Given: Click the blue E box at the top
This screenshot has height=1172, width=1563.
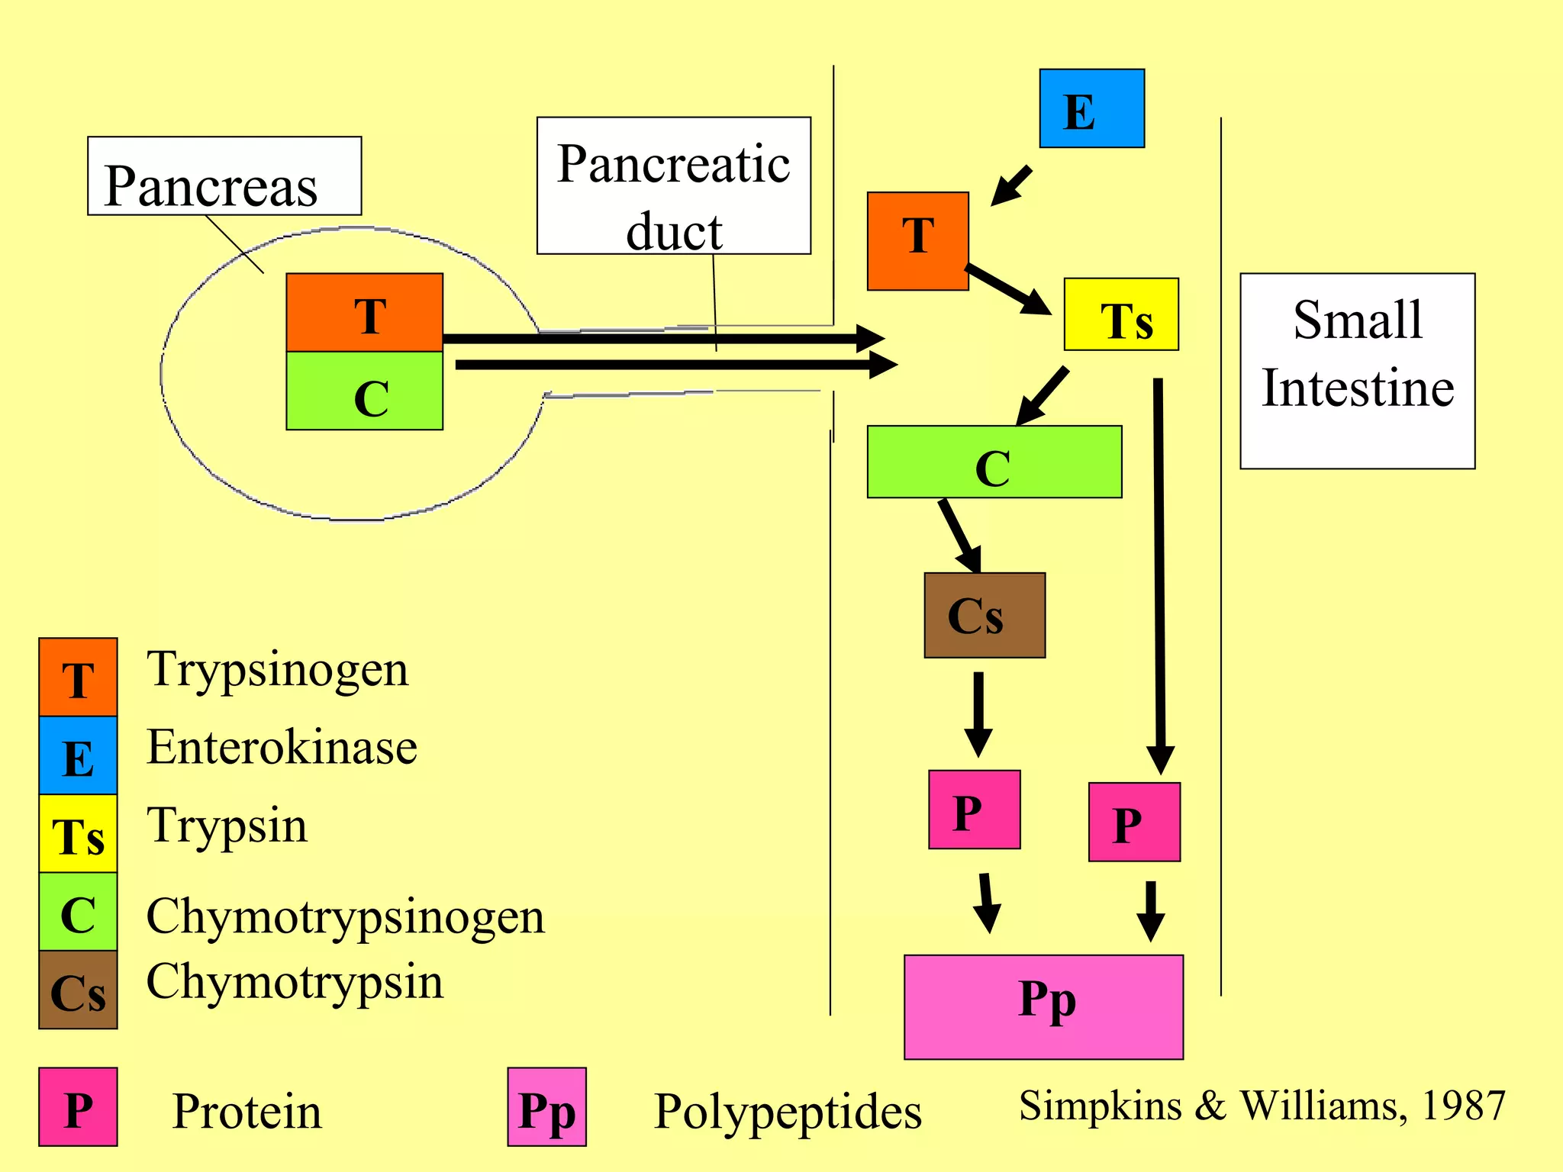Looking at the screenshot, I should coord(1091,108).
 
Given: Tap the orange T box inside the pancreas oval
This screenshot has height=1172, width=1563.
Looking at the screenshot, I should coord(364,312).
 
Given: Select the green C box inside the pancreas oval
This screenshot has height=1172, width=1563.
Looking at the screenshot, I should coord(364,391).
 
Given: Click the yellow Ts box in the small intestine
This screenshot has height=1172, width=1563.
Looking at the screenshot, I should coord(1120,314).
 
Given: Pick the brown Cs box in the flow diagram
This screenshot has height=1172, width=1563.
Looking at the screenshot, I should coord(984,615).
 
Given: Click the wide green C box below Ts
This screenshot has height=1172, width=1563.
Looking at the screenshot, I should coord(994,462).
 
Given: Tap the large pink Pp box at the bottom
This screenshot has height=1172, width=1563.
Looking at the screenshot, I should coord(1043,1006).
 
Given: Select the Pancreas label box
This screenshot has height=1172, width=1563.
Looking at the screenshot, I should coord(224,176).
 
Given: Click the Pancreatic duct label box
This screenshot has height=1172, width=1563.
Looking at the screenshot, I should coord(673,185).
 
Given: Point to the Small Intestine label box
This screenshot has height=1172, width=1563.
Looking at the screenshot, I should coord(1357,371).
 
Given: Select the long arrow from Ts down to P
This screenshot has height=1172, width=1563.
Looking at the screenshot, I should coord(1159,572).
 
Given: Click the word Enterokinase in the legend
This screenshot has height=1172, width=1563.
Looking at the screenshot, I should coord(282,747).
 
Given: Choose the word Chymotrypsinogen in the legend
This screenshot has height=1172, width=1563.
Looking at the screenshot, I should coord(345,916).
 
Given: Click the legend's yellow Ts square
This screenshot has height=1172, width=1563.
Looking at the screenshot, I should coord(78,833).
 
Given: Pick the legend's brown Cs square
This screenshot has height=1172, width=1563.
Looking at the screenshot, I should coord(78,990).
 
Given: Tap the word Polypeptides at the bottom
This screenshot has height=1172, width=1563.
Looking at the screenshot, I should coord(788,1111).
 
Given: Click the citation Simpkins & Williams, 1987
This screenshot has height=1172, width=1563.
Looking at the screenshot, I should coord(1262,1105).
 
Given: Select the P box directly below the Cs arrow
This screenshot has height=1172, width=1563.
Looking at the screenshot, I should coord(974,810).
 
